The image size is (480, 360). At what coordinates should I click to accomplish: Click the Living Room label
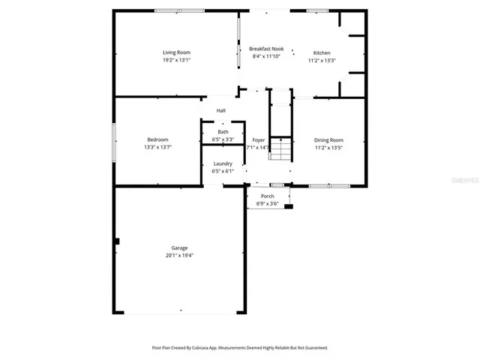click(x=177, y=52)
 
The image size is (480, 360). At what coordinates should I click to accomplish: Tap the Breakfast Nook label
click(x=265, y=49)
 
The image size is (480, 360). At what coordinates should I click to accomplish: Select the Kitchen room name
click(x=322, y=53)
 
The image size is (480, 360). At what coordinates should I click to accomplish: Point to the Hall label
click(x=221, y=111)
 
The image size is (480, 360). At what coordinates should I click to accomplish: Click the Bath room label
click(x=223, y=132)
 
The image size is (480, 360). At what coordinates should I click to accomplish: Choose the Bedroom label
click(x=157, y=139)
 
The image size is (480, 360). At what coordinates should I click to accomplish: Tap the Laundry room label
click(x=223, y=163)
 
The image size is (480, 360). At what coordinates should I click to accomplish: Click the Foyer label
click(x=258, y=140)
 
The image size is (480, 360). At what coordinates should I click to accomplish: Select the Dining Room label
click(x=328, y=140)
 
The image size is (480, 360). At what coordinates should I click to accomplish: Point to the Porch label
click(x=267, y=196)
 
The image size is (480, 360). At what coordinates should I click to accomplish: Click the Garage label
click(x=179, y=248)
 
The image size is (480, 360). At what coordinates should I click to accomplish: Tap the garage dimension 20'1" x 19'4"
click(x=179, y=256)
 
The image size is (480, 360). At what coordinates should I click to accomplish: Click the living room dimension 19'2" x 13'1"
click(x=177, y=60)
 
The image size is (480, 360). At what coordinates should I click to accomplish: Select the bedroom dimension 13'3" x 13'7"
click(x=157, y=147)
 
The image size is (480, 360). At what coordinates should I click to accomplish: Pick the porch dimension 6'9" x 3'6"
click(x=267, y=204)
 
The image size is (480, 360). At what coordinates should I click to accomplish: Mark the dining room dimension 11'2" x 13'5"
click(x=328, y=148)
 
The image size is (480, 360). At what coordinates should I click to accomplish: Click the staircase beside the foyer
click(x=280, y=149)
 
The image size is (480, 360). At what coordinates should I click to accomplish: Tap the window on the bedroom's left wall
click(x=114, y=142)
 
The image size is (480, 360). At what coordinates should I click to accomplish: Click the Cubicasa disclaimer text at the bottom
click(x=240, y=348)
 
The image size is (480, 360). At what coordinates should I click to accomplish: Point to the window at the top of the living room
click(x=179, y=10)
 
